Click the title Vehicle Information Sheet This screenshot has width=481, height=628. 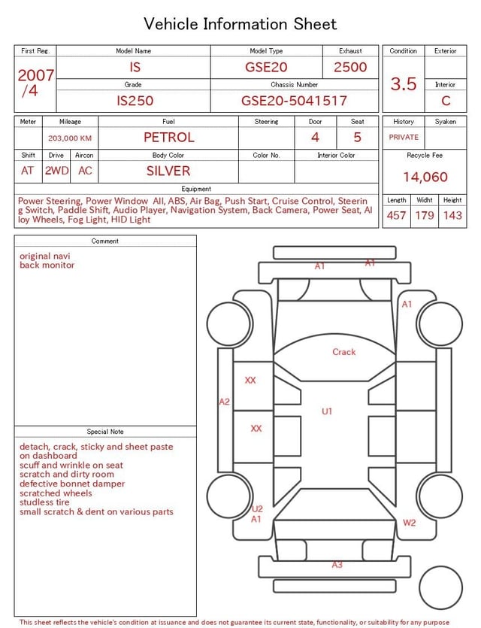[x=240, y=24]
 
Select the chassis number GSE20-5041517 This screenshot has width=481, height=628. [x=294, y=101]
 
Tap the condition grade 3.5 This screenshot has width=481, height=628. [x=404, y=84]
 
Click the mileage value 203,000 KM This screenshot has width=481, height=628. [x=70, y=138]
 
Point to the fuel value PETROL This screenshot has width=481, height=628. [x=168, y=137]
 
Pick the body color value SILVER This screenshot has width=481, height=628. [x=168, y=171]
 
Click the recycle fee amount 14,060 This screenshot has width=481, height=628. [x=425, y=177]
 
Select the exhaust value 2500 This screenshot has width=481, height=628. [x=350, y=67]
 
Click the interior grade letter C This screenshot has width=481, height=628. [x=446, y=101]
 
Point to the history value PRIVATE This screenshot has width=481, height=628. [x=404, y=138]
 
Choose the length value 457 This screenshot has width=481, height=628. [x=396, y=215]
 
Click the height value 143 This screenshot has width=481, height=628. [x=452, y=215]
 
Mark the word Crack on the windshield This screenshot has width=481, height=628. [x=344, y=352]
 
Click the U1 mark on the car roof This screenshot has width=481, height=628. [x=327, y=411]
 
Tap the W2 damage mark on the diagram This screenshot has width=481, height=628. [x=409, y=523]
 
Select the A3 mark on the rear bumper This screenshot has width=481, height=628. [x=337, y=564]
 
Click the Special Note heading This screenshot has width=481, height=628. [x=105, y=432]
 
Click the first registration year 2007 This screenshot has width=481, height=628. [x=35, y=75]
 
